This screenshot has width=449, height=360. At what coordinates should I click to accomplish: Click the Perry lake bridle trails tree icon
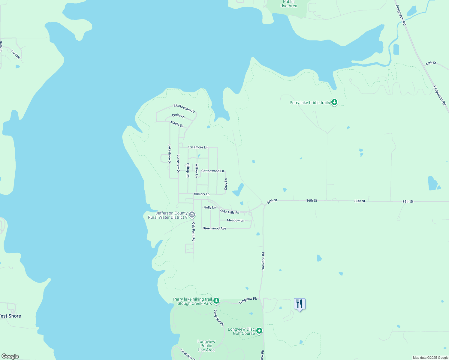tap(334, 102)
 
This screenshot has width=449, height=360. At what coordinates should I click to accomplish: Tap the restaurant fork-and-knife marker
tap(300, 304)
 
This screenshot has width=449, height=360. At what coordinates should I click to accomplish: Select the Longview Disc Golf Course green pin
tap(259, 331)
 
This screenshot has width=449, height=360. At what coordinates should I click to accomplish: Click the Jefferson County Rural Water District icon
tap(192, 215)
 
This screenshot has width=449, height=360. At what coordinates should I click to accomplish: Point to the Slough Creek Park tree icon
tap(216, 301)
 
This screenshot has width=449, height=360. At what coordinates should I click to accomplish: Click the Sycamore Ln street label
tap(198, 147)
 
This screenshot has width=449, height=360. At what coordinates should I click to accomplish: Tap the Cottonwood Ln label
tap(212, 171)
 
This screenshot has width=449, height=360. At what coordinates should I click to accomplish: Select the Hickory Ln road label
tap(201, 194)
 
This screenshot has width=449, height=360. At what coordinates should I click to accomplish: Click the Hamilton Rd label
tap(263, 261)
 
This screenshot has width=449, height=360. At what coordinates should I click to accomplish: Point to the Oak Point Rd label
tap(194, 232)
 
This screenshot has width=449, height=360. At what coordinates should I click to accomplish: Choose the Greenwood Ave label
tap(214, 228)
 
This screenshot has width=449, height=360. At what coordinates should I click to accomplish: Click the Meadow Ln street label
tap(235, 220)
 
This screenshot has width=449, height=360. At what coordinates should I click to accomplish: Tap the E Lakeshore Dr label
tap(184, 108)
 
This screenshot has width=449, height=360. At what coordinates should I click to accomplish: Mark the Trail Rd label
tap(16, 54)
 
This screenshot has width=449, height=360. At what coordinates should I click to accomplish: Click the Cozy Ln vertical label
tap(226, 184)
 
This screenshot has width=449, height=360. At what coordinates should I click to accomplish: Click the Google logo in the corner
tap(10, 356)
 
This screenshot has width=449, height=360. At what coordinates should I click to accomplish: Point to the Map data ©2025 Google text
tap(430, 358)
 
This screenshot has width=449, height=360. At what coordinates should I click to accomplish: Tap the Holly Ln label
tap(209, 207)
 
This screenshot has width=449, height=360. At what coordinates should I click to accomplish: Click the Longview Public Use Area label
tap(206, 346)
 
